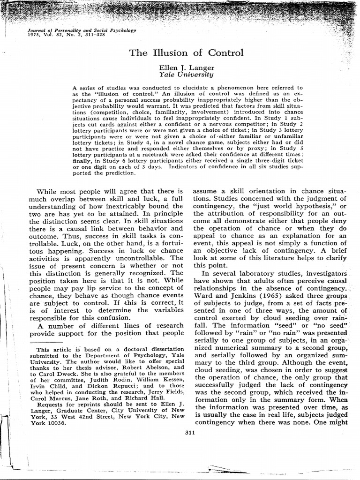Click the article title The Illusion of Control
pyautogui.click(x=186, y=52)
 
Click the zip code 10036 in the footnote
pyautogui.click(x=57, y=421)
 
